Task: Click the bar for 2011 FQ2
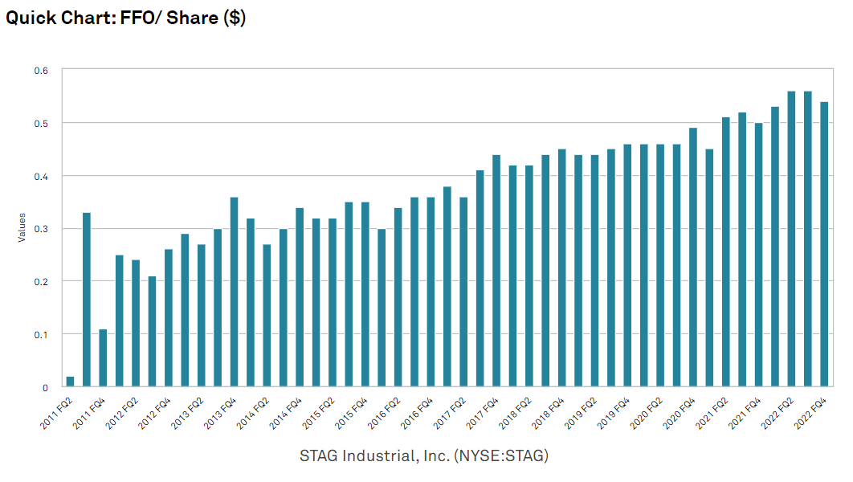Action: click(70, 382)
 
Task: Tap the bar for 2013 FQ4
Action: click(234, 292)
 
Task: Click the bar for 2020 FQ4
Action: click(693, 258)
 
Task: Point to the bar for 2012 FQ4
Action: click(169, 318)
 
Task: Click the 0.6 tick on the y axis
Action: click(41, 71)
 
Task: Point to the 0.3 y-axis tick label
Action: click(41, 229)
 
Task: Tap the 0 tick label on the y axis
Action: click(47, 387)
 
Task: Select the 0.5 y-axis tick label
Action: click(41, 123)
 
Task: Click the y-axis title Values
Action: click(23, 228)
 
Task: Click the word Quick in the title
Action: click(31, 18)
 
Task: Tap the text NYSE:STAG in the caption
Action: click(500, 456)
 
